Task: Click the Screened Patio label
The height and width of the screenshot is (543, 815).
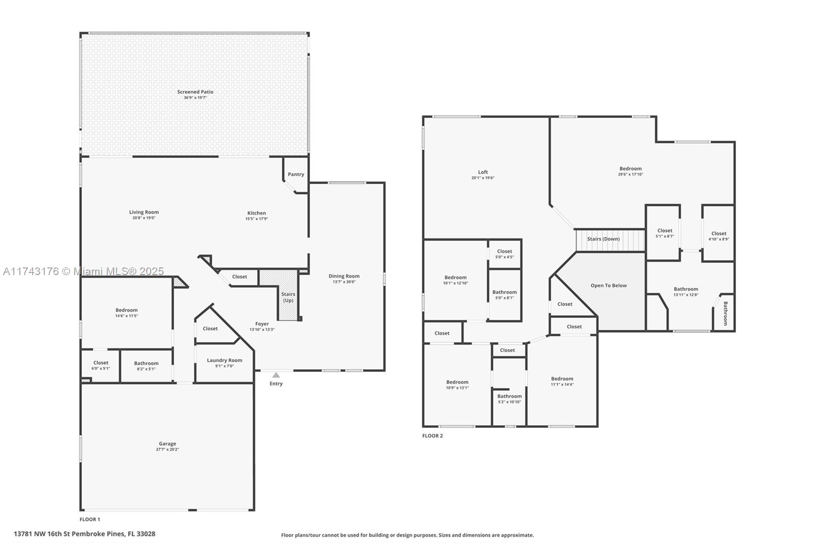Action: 196,92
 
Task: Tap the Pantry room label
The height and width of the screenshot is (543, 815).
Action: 296,174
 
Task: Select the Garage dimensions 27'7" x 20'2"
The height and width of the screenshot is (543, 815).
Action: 168,449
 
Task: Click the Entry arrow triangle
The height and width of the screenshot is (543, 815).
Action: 276,375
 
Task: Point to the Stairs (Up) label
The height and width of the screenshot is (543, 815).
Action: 288,297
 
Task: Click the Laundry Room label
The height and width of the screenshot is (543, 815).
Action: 225,360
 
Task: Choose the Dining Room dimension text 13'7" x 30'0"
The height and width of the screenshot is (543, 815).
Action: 344,282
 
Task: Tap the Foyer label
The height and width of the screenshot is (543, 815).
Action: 262,324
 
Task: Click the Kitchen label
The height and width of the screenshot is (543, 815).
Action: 257,213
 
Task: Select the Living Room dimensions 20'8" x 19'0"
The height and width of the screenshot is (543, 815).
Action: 144,218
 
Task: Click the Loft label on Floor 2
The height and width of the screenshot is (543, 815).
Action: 483,172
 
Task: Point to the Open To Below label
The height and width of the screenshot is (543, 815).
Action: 609,286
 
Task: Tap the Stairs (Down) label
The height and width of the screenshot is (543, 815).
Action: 603,239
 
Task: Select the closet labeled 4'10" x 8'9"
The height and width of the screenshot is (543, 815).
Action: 719,239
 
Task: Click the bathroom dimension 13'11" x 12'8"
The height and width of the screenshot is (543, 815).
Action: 686,295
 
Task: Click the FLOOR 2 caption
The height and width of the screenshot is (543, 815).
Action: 432,436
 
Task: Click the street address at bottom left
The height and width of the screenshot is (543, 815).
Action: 85,534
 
